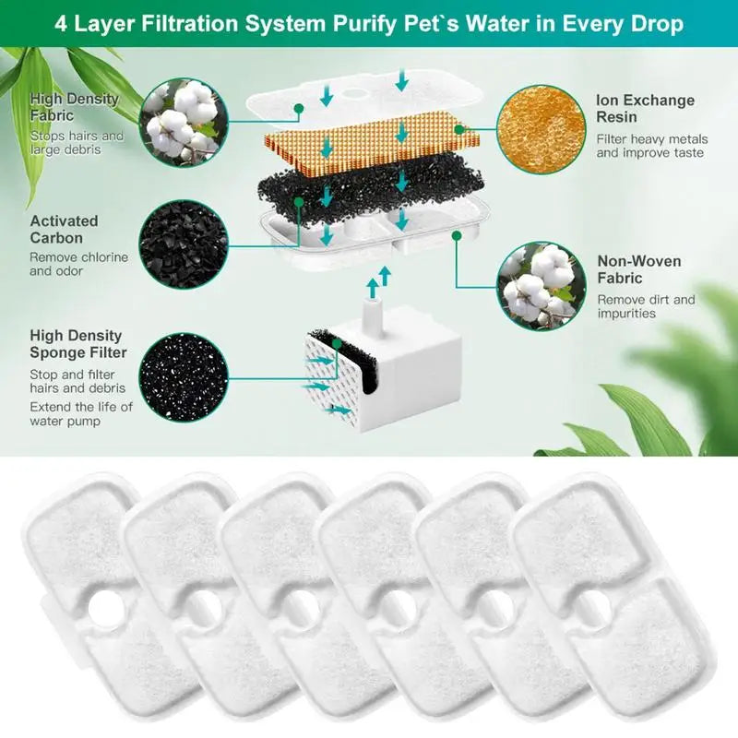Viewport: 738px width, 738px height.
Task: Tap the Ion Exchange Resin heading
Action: (645, 110)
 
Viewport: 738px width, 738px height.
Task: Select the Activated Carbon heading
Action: (64, 230)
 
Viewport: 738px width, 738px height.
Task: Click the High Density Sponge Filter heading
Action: (77, 344)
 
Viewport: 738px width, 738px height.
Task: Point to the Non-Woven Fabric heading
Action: (639, 269)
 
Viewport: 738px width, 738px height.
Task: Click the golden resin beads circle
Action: (541, 129)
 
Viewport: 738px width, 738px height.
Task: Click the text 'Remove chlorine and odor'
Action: (78, 264)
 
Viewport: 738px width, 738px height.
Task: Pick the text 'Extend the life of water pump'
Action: (81, 414)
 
